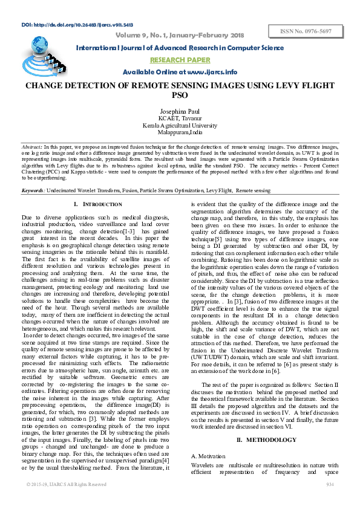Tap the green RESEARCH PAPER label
(x=180, y=60)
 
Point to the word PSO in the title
(x=180, y=96)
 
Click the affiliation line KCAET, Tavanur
(x=180, y=118)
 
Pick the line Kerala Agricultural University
(x=180, y=125)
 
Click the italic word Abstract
(x=31, y=147)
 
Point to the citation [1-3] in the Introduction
(x=129, y=231)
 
